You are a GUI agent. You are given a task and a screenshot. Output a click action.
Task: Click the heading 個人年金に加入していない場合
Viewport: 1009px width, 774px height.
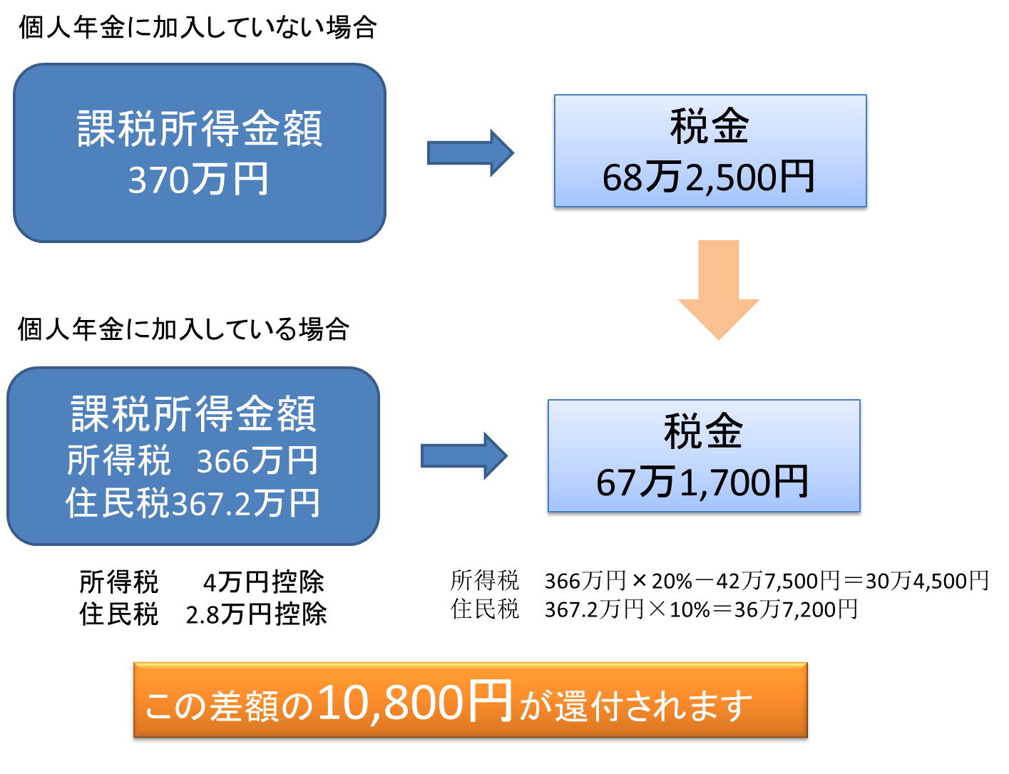click(x=198, y=29)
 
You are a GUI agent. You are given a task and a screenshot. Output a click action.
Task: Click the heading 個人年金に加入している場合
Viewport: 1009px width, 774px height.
click(x=184, y=330)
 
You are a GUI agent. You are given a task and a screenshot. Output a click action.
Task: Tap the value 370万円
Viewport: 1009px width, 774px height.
click(x=198, y=180)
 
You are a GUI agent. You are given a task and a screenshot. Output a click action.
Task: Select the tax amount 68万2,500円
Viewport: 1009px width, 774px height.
click(x=709, y=178)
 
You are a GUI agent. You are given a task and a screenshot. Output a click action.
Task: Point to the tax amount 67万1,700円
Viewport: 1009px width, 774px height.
click(x=702, y=483)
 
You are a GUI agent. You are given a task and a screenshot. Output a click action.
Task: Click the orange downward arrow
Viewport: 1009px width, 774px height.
click(x=718, y=289)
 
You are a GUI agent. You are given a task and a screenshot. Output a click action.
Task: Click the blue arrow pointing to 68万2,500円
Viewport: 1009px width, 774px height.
click(x=470, y=153)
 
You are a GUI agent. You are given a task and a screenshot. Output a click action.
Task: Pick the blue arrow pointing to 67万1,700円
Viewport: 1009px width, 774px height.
click(x=464, y=455)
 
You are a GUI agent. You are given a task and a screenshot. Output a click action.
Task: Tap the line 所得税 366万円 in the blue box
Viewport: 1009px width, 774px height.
click(x=192, y=460)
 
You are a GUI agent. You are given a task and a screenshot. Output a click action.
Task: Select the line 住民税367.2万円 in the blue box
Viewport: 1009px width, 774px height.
click(x=193, y=503)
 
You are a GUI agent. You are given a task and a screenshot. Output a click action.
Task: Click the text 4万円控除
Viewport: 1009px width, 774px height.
click(x=263, y=582)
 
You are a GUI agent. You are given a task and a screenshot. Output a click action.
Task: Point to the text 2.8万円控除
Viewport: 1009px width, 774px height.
click(x=256, y=614)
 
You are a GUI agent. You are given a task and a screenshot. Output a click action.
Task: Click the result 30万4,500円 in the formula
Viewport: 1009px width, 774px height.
click(x=927, y=581)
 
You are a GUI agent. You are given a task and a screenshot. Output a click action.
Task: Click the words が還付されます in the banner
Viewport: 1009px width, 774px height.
click(x=635, y=706)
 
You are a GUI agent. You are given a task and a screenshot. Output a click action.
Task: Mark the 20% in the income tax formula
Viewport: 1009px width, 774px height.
click(x=671, y=581)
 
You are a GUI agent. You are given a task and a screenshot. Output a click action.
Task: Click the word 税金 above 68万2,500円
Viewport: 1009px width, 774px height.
click(x=710, y=126)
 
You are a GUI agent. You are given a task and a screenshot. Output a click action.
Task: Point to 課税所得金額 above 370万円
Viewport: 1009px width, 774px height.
click(x=200, y=129)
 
